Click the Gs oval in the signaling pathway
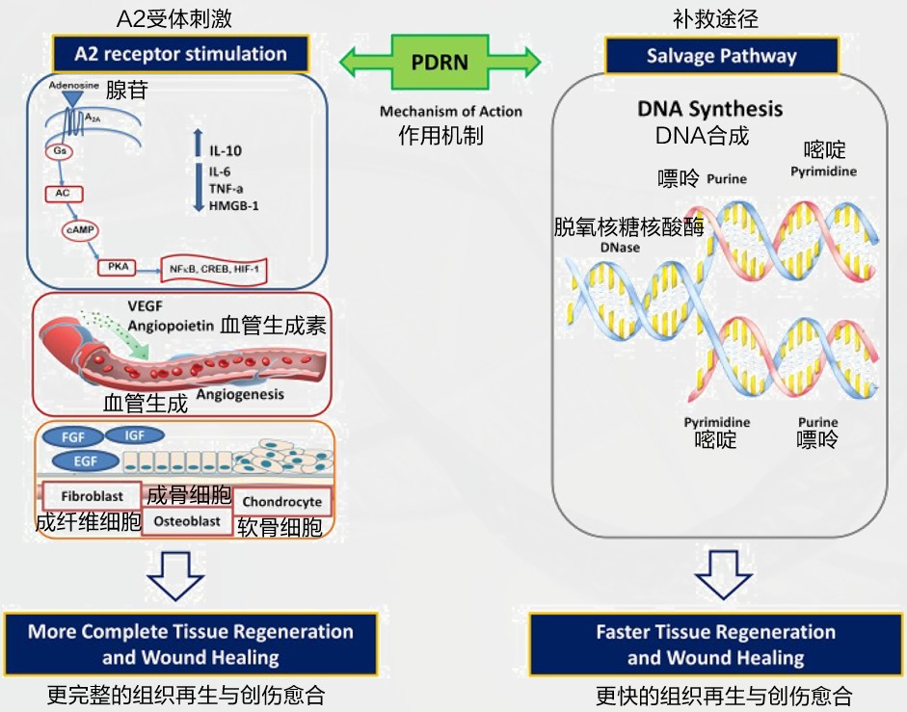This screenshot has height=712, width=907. coord(57,151)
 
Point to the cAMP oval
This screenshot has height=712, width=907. coord(80,231)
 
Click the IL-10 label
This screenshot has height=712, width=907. coord(227,151)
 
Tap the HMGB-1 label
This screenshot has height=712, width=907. coord(234,205)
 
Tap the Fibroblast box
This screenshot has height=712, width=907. coord(92,496)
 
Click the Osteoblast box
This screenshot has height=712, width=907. coord(187,521)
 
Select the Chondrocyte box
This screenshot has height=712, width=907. coord(281,502)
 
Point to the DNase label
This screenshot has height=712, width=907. coord(620,248)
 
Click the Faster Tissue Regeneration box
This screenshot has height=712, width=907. coord(715,645)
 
